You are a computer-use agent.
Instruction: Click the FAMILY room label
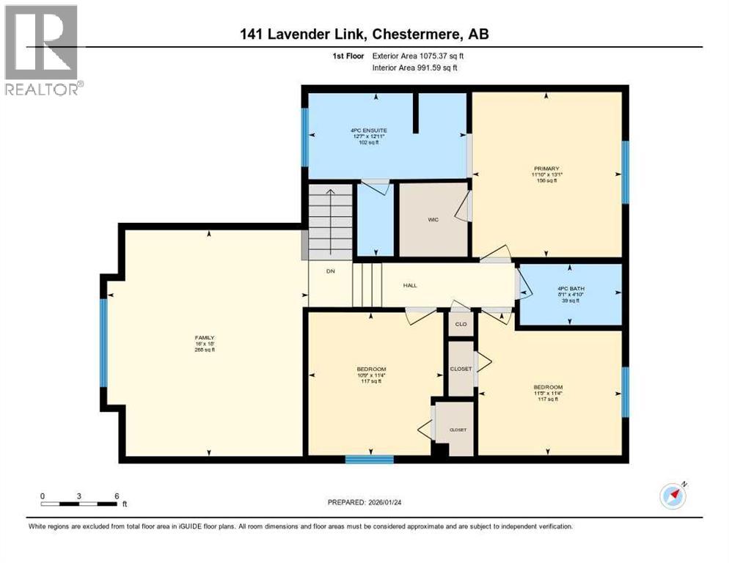[205, 338]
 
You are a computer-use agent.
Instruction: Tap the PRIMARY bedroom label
[546, 168]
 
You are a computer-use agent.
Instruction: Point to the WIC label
[433, 219]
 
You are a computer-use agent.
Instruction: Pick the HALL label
[410, 285]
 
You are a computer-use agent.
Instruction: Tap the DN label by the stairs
[330, 271]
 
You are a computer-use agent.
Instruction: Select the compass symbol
[672, 496]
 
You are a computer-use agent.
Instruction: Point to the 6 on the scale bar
[116, 496]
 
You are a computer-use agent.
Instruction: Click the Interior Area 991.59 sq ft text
[414, 67]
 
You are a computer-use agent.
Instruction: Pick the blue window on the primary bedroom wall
[626, 172]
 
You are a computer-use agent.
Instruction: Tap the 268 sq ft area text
[205, 350]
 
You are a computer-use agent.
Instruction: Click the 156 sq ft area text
[546, 180]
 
